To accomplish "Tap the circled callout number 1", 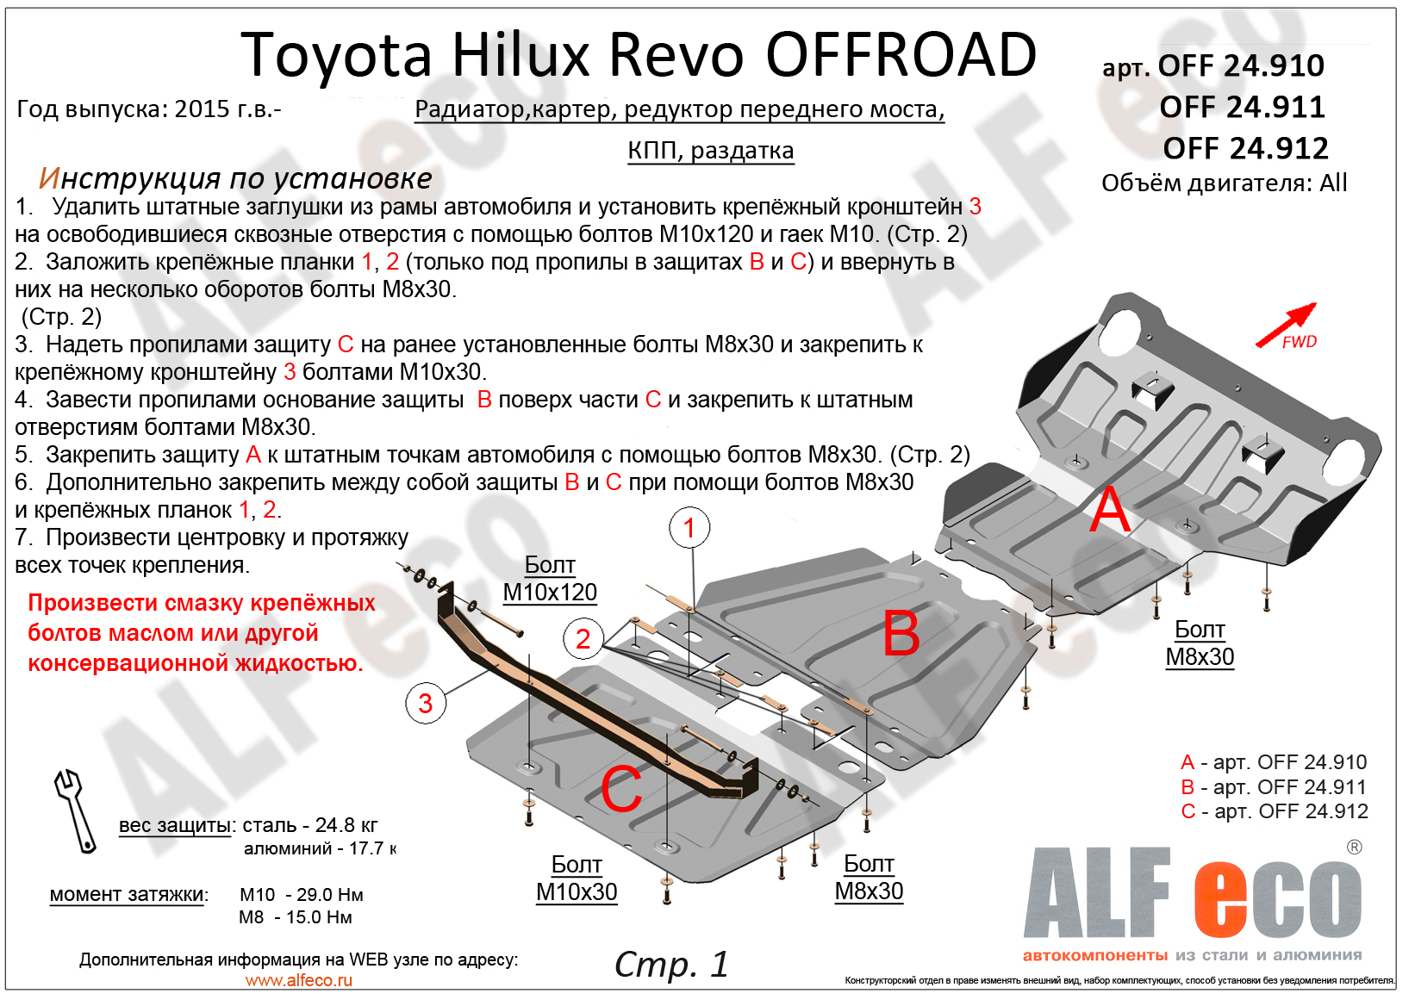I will tap(689, 528).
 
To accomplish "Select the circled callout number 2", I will tap(583, 639).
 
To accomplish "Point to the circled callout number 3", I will tap(426, 704).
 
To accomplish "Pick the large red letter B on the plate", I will tap(901, 635).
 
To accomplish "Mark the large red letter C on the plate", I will tap(621, 789).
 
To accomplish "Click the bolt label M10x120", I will tap(550, 593).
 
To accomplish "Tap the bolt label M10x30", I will tap(577, 892).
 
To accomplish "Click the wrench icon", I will tap(75, 810).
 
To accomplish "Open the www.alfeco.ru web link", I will tap(299, 980).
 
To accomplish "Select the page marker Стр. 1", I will tap(671, 965).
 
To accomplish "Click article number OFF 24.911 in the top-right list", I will tap(1242, 108).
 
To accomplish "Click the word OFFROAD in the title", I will tap(901, 56).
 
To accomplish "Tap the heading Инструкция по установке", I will tap(235, 177).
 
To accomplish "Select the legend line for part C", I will tap(1275, 811).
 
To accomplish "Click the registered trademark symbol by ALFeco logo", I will tap(1355, 848).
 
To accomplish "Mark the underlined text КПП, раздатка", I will tap(711, 151).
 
